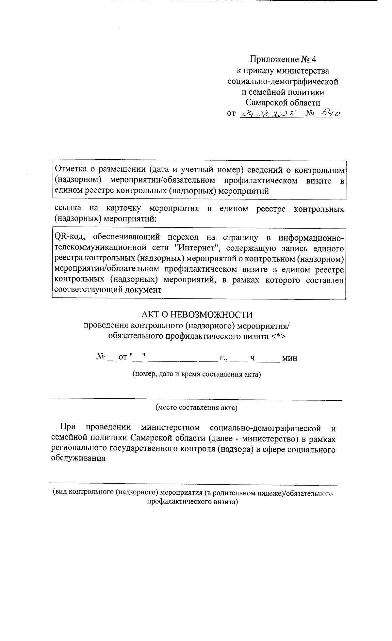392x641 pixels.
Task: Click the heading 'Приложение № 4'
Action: point(283,59)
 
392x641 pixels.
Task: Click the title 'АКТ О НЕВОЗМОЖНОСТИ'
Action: point(197,314)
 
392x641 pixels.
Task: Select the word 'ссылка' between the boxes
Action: point(67,209)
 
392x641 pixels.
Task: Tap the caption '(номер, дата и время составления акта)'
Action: point(196,374)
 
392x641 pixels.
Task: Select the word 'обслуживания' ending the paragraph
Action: point(78,457)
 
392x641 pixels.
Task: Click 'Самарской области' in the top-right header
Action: point(283,103)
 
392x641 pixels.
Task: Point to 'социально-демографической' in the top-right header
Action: point(283,81)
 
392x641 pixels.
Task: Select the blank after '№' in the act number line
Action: point(111,359)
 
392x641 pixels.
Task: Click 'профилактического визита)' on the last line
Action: point(192,502)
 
